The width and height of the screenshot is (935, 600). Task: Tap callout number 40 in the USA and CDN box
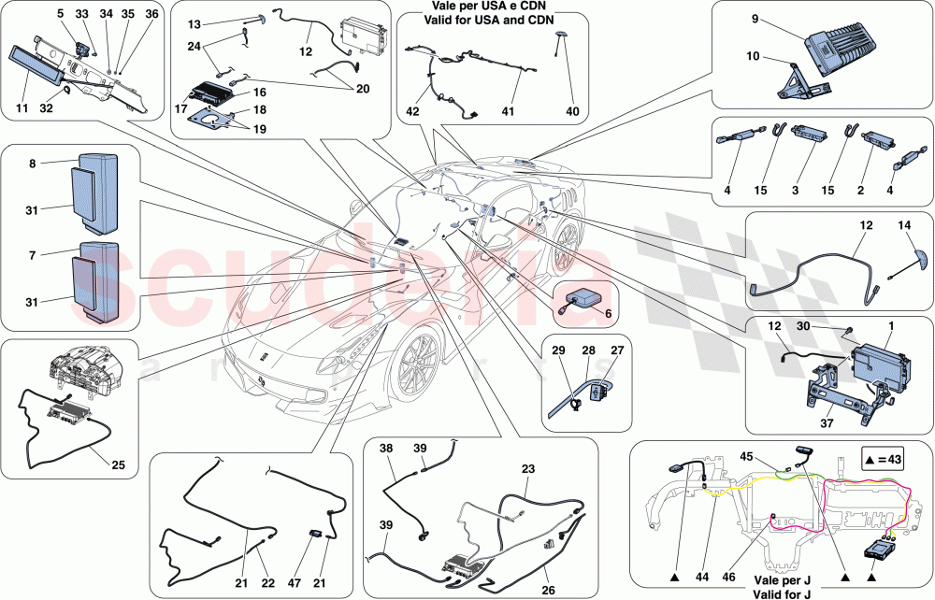[572, 111]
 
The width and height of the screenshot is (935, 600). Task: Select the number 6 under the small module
[608, 315]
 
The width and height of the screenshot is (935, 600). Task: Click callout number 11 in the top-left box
[21, 109]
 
